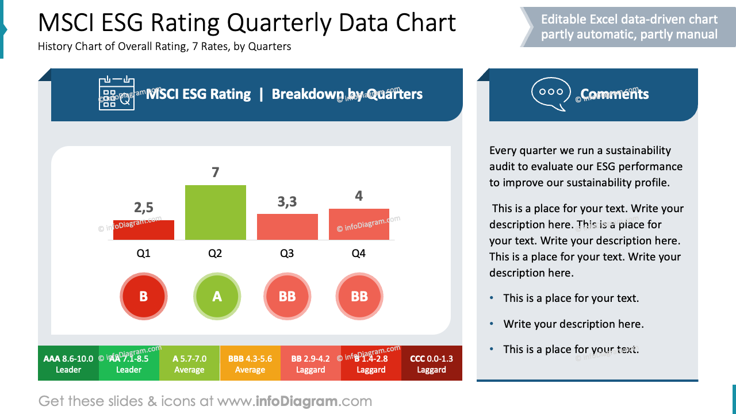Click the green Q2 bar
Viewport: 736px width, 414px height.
point(215,212)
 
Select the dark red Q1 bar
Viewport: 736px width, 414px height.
point(143,230)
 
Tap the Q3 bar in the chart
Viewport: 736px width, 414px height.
point(287,227)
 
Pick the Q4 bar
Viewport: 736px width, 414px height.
point(359,224)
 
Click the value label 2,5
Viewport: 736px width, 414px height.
point(143,207)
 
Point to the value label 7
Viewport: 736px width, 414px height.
point(215,172)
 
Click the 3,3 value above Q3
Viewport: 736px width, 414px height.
point(287,201)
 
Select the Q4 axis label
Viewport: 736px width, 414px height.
point(358,253)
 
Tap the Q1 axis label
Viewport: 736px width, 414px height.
point(143,253)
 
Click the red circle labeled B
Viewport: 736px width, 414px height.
point(143,297)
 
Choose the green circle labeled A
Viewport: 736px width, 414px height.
point(217,297)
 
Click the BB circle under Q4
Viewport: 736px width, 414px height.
point(359,297)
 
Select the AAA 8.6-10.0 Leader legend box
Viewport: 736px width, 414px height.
point(68,363)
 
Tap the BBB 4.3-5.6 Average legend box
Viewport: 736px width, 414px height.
point(250,363)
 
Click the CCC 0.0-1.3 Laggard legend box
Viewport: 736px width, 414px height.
point(431,363)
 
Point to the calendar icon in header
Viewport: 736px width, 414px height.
point(117,94)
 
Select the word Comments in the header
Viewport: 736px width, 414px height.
point(614,94)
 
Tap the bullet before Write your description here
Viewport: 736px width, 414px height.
point(492,324)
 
